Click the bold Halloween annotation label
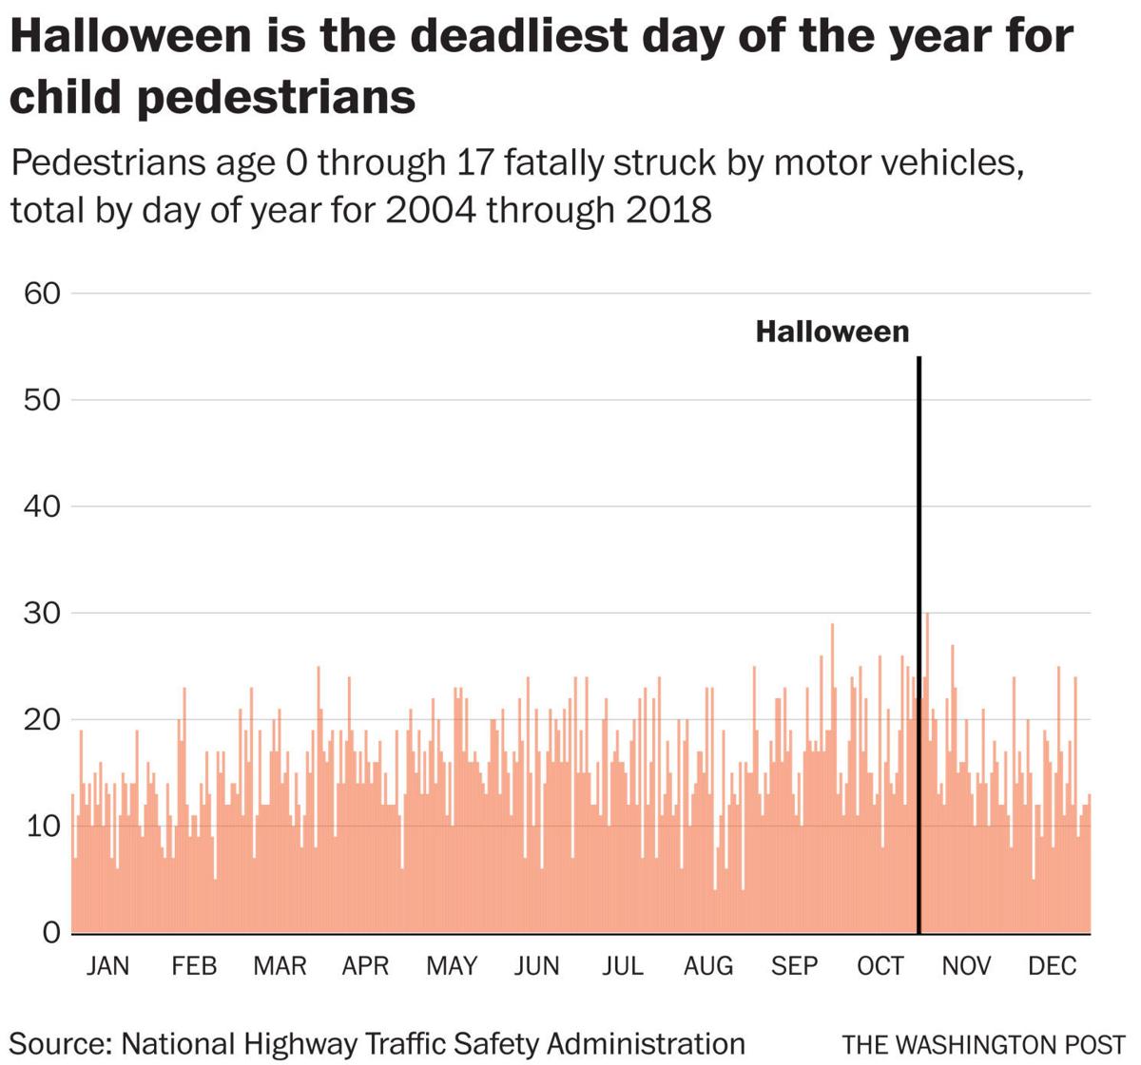click(x=832, y=332)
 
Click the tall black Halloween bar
click(x=919, y=646)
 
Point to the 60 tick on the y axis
click(x=41, y=294)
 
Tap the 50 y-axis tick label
click(x=41, y=400)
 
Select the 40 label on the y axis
click(x=41, y=506)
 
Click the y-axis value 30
click(x=41, y=613)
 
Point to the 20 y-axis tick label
click(x=41, y=719)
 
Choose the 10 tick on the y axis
click(x=41, y=826)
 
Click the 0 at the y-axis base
click(x=50, y=933)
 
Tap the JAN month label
click(x=107, y=966)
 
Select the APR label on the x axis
click(x=365, y=966)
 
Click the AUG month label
click(x=708, y=966)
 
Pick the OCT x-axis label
click(x=880, y=966)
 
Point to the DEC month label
click(x=1052, y=966)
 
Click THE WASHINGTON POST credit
click(x=983, y=1045)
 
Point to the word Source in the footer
click(x=59, y=1044)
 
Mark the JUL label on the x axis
click(x=622, y=966)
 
